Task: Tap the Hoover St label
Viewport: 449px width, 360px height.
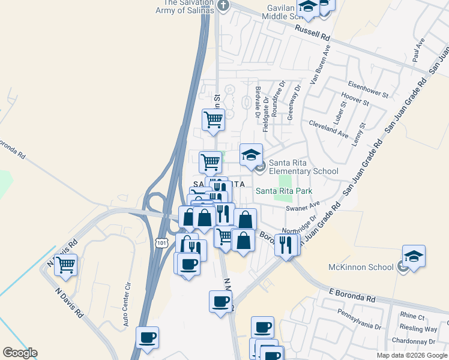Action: [354, 99]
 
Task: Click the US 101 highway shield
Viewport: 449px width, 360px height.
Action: [161, 242]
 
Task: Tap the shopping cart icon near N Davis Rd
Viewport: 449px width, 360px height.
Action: [65, 264]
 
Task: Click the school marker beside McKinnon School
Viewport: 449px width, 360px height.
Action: [414, 256]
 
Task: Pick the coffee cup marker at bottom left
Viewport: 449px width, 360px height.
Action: [147, 337]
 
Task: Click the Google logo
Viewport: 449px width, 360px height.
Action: [20, 353]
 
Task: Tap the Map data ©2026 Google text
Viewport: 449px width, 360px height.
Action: [412, 355]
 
